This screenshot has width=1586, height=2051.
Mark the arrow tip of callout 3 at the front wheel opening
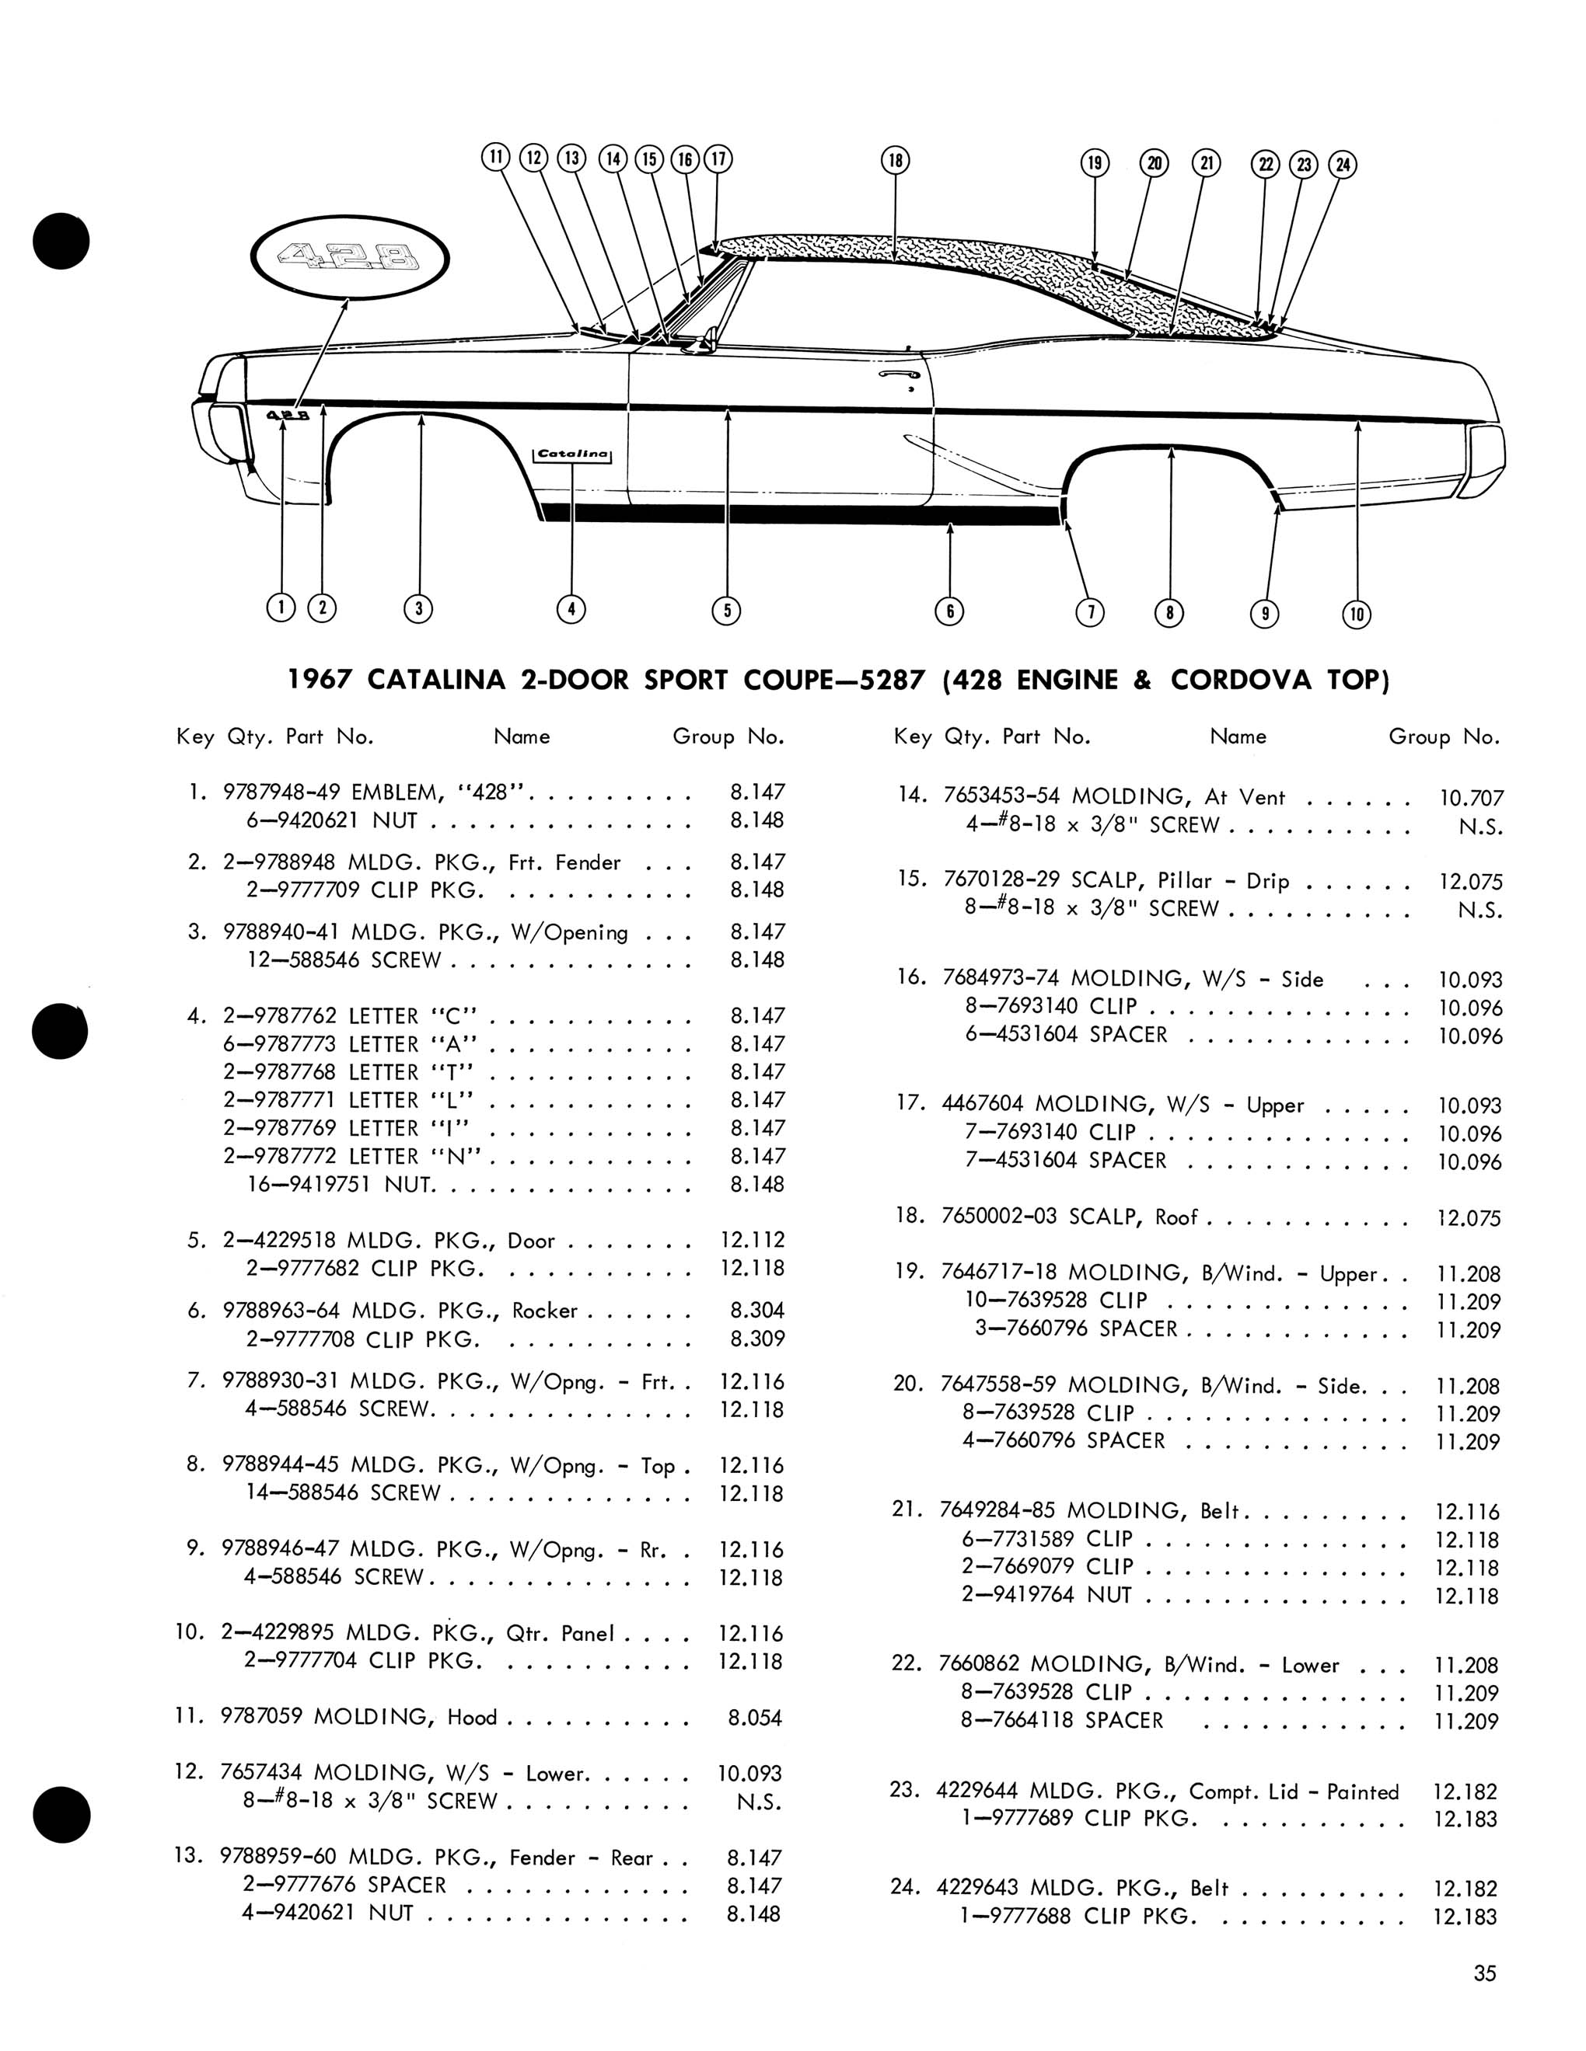point(420,416)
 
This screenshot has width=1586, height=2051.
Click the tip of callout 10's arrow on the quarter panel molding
point(1357,422)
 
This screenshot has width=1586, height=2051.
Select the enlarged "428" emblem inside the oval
point(350,256)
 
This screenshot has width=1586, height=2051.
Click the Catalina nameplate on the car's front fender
point(572,454)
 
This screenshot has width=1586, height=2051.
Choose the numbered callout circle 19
point(1095,162)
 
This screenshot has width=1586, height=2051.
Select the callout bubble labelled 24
point(1343,165)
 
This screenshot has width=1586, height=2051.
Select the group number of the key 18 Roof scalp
point(1469,1218)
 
